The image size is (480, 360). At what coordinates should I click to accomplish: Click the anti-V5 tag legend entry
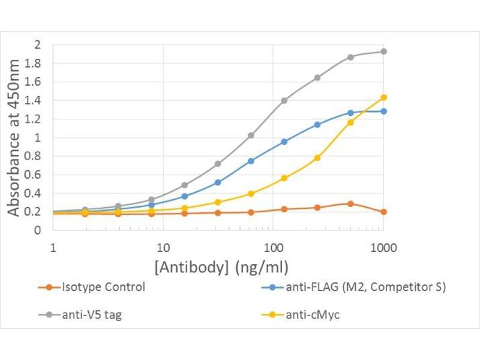91,314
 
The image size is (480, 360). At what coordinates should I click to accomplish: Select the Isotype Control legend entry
103,287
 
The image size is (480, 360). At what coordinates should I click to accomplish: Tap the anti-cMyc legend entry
312,314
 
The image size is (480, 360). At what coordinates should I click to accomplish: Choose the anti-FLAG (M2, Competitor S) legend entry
365,287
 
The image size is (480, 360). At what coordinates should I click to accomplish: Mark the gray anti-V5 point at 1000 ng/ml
383,52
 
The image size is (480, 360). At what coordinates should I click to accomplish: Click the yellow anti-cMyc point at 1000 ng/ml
383,97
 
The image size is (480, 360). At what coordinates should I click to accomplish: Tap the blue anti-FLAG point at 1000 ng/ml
383,111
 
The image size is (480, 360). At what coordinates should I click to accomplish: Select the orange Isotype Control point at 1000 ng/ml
383,212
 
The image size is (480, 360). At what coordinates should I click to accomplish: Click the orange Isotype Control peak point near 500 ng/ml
350,204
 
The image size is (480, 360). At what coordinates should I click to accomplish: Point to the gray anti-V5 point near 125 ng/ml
284,100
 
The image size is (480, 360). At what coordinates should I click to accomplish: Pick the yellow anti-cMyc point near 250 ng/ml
317,158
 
